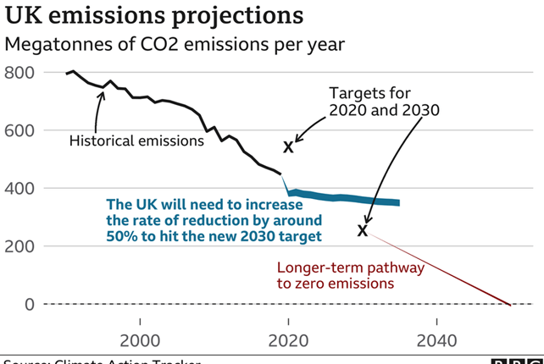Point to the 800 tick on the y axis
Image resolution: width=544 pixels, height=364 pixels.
tap(18, 73)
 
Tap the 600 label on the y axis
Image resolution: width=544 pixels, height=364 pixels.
tap(18, 130)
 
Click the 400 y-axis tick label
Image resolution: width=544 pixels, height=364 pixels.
tap(18, 188)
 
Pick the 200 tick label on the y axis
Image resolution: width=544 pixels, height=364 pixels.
tap(18, 246)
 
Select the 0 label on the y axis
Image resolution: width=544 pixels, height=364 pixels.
tap(28, 304)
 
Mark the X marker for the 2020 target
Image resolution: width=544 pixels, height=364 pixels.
tap(288, 147)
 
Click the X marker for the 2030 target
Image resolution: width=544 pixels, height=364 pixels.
tap(363, 230)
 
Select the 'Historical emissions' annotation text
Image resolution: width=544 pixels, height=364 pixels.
tap(136, 141)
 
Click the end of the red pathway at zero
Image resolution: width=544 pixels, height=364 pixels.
tap(509, 304)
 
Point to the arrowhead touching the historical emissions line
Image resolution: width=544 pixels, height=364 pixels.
tap(103, 92)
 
